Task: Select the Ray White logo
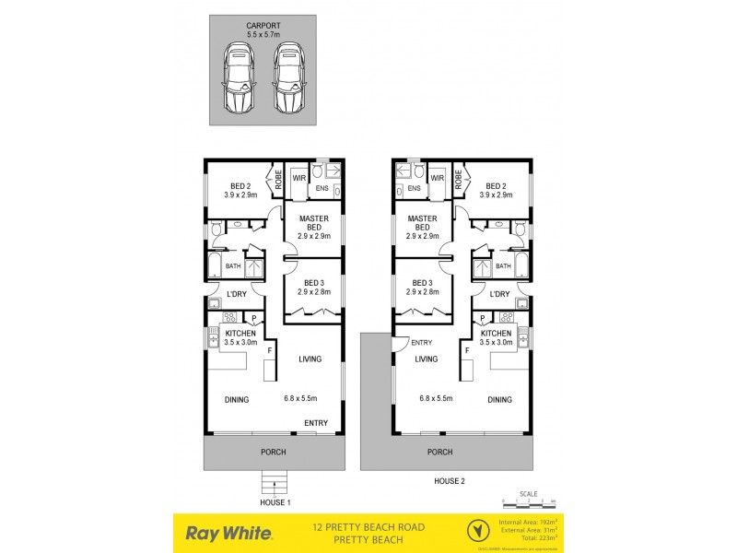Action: [x=228, y=532]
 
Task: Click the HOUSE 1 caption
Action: [x=275, y=501]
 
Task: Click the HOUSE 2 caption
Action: [x=450, y=481]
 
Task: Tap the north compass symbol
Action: [x=477, y=532]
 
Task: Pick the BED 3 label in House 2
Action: [x=423, y=287]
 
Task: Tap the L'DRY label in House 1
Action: [x=236, y=294]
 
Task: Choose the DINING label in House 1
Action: [x=237, y=400]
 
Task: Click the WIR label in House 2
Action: [x=438, y=178]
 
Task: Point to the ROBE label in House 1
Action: [x=274, y=177]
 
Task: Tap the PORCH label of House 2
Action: [x=440, y=452]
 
